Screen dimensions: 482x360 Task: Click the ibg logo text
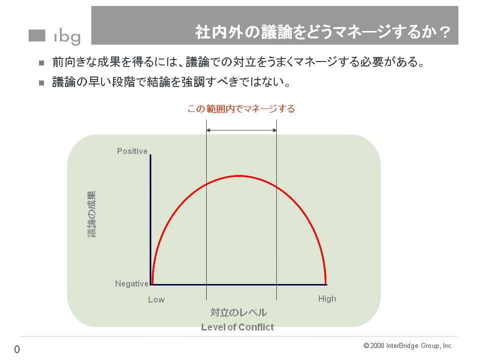click(68, 37)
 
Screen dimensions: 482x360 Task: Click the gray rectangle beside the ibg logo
click(37, 35)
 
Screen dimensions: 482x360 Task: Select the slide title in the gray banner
click(323, 32)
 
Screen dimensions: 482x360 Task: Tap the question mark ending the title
click(444, 32)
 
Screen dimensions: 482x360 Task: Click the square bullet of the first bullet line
click(42, 63)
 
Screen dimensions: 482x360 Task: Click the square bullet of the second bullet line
click(42, 83)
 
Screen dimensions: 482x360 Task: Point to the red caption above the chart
click(241, 108)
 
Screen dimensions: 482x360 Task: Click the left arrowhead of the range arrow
click(208, 130)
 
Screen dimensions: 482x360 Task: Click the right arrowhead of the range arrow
click(274, 130)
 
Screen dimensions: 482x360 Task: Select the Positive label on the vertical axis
click(132, 151)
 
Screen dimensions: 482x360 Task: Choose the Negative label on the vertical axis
click(132, 283)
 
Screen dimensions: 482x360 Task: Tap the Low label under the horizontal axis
click(156, 299)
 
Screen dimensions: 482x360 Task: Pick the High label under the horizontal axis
click(327, 298)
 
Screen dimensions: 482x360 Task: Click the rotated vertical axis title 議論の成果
click(92, 214)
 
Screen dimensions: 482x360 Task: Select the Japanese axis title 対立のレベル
click(239, 312)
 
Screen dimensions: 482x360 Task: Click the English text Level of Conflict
click(237, 327)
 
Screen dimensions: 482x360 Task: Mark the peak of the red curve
click(239, 175)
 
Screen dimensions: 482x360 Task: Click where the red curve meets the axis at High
click(326, 284)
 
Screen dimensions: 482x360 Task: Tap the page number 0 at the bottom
click(17, 349)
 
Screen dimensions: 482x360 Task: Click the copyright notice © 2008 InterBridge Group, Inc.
click(408, 346)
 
